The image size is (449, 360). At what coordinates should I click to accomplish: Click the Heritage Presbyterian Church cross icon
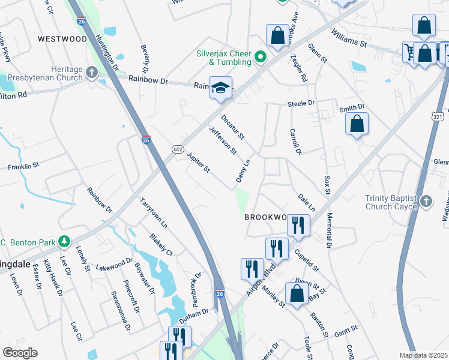pos(92,73)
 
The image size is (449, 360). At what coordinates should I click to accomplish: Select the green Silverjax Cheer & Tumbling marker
pos(261,58)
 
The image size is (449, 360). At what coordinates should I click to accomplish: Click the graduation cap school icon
pos(220,88)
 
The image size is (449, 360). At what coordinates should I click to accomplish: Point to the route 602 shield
pos(177,149)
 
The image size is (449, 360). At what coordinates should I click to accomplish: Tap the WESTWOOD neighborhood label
pos(62,39)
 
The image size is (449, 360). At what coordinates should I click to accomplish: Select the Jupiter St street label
pos(198,163)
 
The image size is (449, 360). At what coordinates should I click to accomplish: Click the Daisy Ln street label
pos(243,172)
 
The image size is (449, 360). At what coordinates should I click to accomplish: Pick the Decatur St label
pos(232,127)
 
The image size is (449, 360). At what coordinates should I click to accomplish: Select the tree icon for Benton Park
pos(64,242)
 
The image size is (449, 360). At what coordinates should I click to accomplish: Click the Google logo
pos(20,353)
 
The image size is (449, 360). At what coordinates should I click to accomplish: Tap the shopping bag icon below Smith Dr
pos(357,124)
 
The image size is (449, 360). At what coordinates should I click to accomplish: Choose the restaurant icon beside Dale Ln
pos(298,225)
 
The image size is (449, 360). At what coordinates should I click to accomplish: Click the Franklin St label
pos(23,164)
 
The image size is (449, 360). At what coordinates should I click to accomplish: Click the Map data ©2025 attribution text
pos(424,355)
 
